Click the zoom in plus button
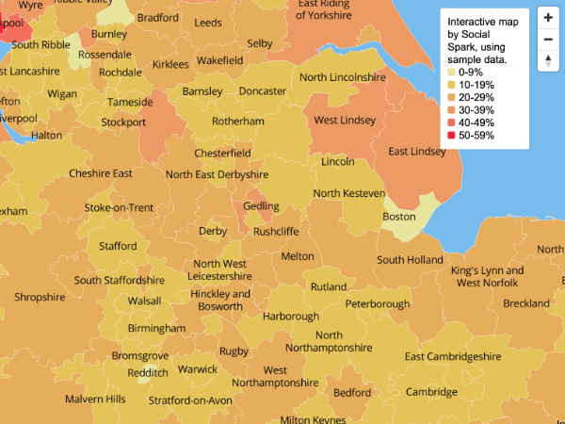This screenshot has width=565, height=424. coord(548,17)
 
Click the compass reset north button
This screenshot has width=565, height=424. coord(548,61)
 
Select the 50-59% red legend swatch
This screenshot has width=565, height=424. coord(451,136)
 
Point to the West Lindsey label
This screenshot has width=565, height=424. coord(344,121)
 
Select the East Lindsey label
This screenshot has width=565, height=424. coord(417,152)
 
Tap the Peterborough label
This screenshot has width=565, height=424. coord(377,304)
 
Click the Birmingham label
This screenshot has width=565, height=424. coord(156,328)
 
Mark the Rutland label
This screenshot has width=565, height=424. coord(328,286)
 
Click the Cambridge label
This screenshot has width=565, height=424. coord(431,392)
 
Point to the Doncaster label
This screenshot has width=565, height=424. coord(263,91)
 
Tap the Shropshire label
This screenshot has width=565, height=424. coord(40,297)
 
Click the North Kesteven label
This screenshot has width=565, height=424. coord(348,193)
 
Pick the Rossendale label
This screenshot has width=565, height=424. coord(105,56)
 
